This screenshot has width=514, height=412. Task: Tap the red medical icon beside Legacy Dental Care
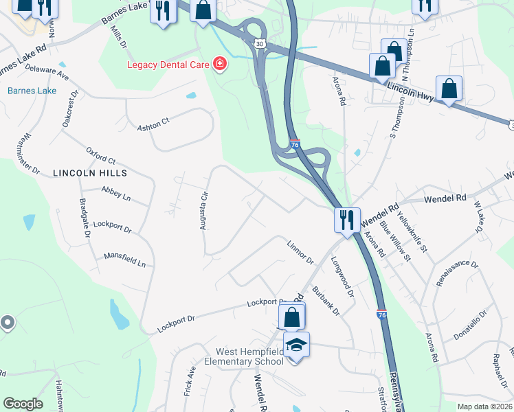220,65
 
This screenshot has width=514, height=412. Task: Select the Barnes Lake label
32,91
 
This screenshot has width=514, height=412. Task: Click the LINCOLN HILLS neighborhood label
82,174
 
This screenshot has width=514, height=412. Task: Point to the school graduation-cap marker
296,345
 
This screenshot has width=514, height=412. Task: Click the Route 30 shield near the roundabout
259,43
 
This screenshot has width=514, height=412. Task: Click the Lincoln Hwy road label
410,93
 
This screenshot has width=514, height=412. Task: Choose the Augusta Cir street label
203,211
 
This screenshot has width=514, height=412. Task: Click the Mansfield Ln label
124,259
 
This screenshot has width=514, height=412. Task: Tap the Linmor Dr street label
300,251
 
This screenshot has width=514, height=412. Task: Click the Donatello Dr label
470,325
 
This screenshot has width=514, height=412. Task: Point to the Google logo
23,404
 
